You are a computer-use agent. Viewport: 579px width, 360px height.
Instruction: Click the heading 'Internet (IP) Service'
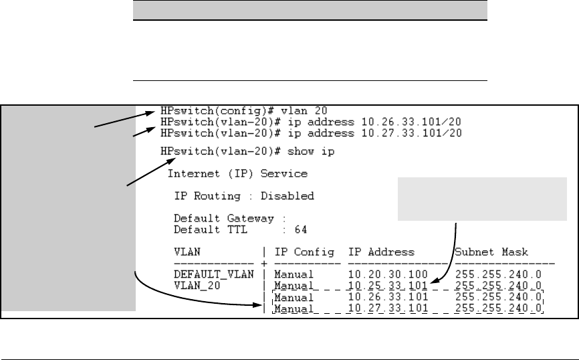pyautogui.click(x=237, y=174)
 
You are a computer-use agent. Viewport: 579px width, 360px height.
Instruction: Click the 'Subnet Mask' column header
pyautogui.click(x=491, y=252)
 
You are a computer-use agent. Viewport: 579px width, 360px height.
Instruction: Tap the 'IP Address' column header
pyautogui.click(x=381, y=252)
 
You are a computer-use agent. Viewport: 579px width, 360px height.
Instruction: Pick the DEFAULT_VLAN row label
pyautogui.click(x=209, y=274)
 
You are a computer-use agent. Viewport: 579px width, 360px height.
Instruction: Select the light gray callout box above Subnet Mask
pyautogui.click(x=482, y=199)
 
